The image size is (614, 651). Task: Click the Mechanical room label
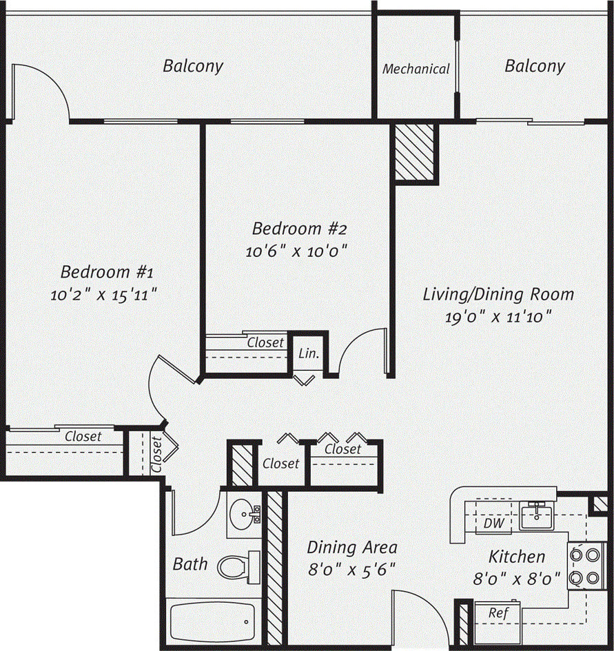click(416, 69)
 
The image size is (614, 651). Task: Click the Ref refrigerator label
click(497, 612)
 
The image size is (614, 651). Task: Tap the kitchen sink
click(536, 515)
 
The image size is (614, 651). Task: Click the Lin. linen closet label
click(309, 354)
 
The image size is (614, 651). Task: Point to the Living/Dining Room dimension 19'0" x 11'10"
click(498, 318)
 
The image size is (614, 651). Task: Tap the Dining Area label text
click(351, 548)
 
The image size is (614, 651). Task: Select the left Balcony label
click(193, 66)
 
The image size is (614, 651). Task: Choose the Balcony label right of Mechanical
click(535, 66)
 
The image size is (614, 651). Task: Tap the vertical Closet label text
click(156, 454)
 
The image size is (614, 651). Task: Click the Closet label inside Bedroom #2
click(265, 342)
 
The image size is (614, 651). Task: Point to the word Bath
click(190, 564)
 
